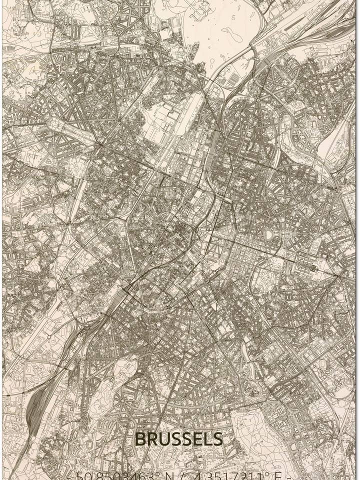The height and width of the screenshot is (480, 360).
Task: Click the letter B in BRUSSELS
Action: (140, 439)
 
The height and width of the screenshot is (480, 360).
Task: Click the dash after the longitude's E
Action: (288, 475)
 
